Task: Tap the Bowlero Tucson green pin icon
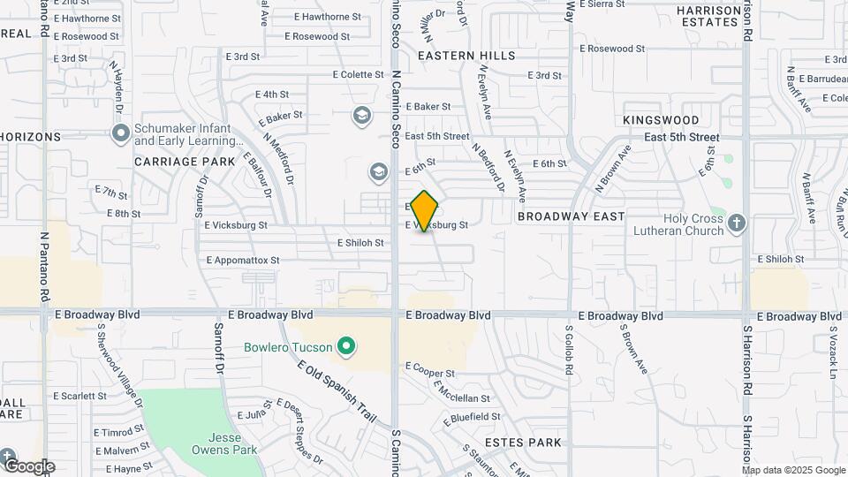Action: (x=347, y=346)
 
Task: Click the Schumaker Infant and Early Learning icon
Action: (x=121, y=133)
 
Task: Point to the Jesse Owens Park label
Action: (x=224, y=443)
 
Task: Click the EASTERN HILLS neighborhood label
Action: (x=466, y=56)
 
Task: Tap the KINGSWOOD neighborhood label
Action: (x=661, y=120)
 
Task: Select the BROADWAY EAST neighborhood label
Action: (x=572, y=216)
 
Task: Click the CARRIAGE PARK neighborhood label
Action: (x=185, y=162)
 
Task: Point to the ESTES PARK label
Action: (x=523, y=442)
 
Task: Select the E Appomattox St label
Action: (x=242, y=261)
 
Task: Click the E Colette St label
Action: (x=358, y=75)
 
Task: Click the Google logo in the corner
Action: (x=28, y=466)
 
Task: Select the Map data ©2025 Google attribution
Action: (x=794, y=470)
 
